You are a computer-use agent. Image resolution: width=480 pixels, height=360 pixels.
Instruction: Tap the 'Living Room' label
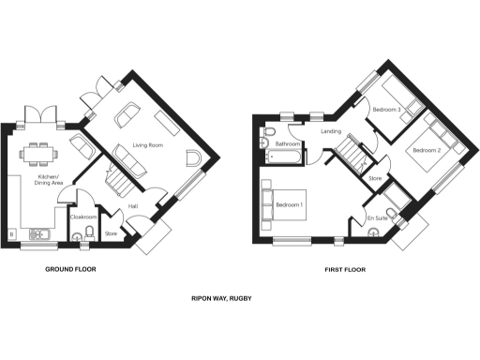pyautogui.click(x=147, y=144)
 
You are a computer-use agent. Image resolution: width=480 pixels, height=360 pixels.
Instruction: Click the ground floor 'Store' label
pyautogui.click(x=110, y=233)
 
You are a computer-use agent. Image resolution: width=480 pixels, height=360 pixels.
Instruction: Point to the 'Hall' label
pyautogui.click(x=133, y=206)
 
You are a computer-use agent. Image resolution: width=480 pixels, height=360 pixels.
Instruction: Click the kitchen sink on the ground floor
pyautogui.click(x=40, y=232)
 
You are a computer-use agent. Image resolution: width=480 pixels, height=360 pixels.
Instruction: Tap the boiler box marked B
pyautogui.click(x=10, y=232)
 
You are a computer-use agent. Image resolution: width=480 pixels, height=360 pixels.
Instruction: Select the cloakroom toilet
pyautogui.click(x=89, y=233)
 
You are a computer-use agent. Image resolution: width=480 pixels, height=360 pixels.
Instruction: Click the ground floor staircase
pyautogui.click(x=118, y=176)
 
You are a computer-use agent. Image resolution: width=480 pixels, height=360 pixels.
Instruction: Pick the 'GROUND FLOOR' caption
pyautogui.click(x=71, y=269)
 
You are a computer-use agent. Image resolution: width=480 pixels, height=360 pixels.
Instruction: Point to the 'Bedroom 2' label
pyautogui.click(x=424, y=150)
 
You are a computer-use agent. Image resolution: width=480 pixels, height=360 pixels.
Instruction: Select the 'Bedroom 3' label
pyautogui.click(x=386, y=110)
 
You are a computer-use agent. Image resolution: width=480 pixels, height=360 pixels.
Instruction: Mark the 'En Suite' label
pyautogui.click(x=378, y=217)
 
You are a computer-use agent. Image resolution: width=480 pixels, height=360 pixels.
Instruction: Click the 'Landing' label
pyautogui.click(x=331, y=132)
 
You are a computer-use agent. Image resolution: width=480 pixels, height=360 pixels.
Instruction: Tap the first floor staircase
pyautogui.click(x=352, y=153)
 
